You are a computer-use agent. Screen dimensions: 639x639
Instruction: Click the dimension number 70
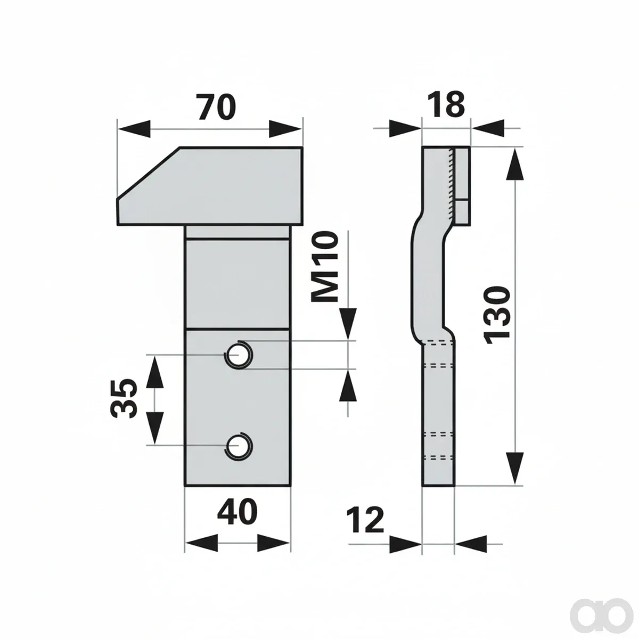pyautogui.click(x=217, y=107)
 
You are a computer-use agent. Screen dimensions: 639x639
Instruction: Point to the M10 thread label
pyautogui.click(x=325, y=267)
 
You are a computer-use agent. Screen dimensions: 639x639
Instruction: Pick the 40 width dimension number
pyautogui.click(x=237, y=512)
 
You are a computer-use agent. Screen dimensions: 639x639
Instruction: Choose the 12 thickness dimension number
pyautogui.click(x=365, y=520)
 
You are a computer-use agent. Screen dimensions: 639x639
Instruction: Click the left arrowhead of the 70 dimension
pyautogui.click(x=134, y=129)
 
